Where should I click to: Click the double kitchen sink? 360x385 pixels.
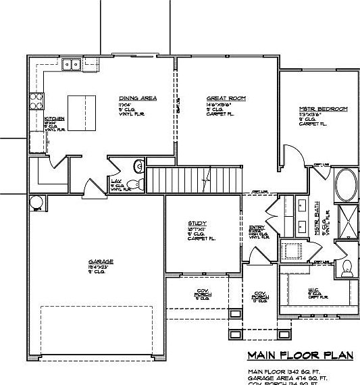pos(71,64)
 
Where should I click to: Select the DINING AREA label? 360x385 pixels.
pos(138,99)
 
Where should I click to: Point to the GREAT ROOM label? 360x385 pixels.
pos(226,99)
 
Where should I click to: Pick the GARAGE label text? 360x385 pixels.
pos(101,261)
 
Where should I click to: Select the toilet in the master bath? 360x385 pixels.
pos(346,268)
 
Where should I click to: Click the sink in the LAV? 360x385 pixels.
pos(138,165)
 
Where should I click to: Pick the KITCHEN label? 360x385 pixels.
pos(54,119)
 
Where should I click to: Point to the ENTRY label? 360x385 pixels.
pos(257,228)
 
